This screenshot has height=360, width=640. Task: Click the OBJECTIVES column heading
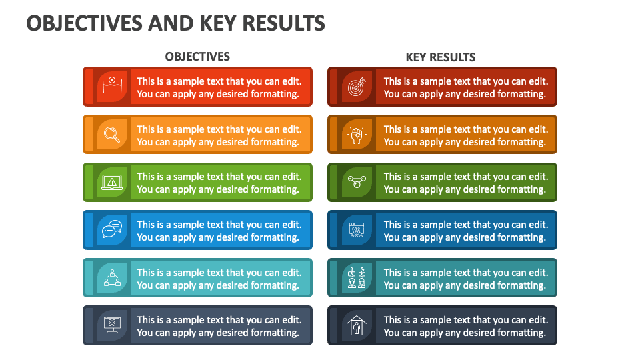point(197,57)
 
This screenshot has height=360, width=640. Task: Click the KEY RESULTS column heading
point(441,57)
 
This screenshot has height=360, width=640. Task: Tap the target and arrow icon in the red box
point(357,87)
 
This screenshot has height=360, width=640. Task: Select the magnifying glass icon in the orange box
point(112,135)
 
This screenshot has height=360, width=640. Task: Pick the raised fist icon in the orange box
point(357,135)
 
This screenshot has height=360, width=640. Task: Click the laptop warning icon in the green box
point(112,183)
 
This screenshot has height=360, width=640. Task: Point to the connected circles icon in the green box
point(357,183)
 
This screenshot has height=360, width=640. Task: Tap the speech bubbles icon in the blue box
point(112,231)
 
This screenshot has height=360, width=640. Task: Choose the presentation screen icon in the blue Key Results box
point(357,231)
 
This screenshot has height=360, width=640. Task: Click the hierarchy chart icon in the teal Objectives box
point(112,278)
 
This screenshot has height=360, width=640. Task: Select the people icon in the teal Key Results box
point(357,278)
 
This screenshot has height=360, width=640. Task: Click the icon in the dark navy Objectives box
point(112,325)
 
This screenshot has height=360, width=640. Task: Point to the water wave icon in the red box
point(112,87)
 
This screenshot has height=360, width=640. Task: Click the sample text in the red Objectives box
point(219,87)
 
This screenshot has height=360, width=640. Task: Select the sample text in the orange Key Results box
point(465,135)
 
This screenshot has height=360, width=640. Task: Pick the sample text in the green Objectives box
point(219,183)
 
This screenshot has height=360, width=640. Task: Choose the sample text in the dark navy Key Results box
point(465,326)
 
